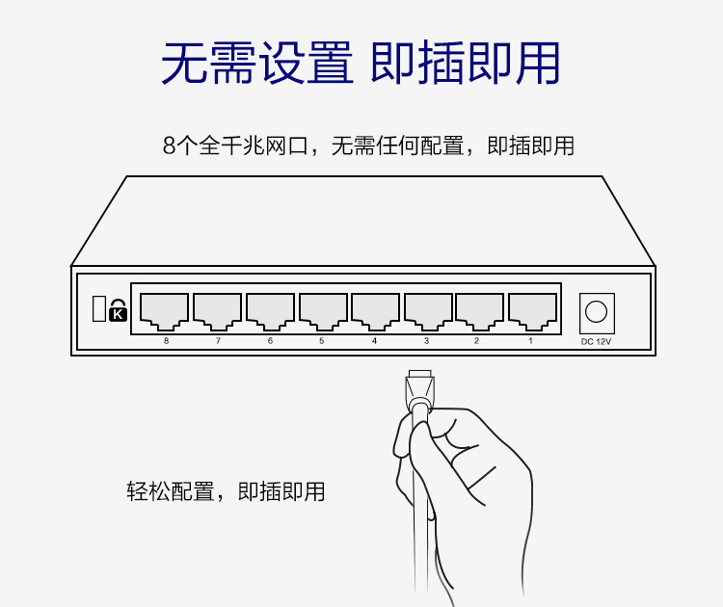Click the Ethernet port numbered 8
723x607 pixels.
point(164,311)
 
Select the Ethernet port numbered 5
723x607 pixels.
point(323,311)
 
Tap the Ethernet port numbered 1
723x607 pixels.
point(532,311)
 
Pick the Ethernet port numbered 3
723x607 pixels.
point(428,311)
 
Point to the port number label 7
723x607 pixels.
point(218,341)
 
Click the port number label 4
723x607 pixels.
point(374,341)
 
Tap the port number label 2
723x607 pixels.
point(476,341)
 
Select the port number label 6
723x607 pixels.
point(270,341)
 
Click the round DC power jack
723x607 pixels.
point(596,312)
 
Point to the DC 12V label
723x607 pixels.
point(596,341)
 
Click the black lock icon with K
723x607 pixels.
point(118,310)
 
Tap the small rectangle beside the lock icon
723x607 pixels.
point(99,308)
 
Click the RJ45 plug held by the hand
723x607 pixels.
point(419,389)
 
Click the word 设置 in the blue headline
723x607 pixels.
point(307,63)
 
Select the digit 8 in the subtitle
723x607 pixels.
point(170,146)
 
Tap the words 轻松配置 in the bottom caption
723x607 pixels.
point(171,491)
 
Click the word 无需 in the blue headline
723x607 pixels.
point(208,63)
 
